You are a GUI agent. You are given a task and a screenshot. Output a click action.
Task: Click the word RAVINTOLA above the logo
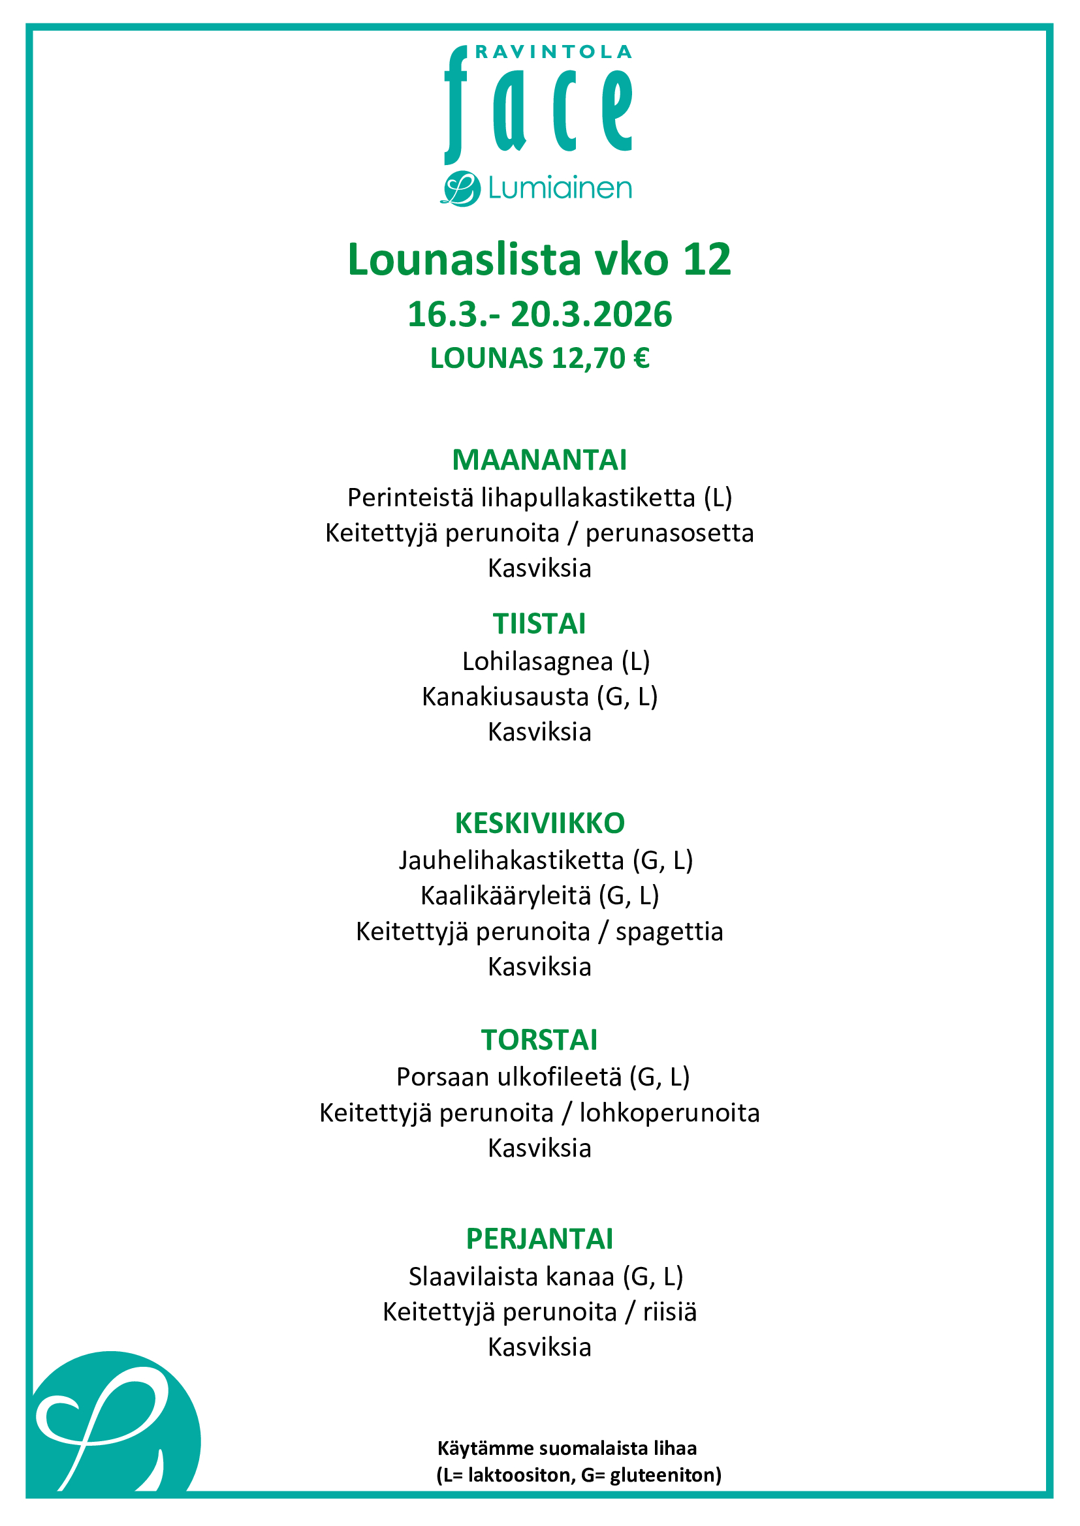(553, 52)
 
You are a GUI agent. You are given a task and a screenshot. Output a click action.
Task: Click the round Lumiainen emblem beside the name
(460, 189)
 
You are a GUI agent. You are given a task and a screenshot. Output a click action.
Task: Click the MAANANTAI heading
(539, 460)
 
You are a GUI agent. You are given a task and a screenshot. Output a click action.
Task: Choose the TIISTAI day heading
(539, 624)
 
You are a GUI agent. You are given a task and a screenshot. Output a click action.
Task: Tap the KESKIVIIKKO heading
(539, 823)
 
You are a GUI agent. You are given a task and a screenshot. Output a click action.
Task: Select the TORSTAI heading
(539, 1039)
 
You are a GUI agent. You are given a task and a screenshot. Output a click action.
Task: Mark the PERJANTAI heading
(539, 1238)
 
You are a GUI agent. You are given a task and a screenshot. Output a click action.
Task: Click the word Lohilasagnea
(537, 662)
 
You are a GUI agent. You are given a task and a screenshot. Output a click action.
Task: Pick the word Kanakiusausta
(505, 697)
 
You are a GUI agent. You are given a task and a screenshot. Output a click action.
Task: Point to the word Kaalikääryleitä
(505, 896)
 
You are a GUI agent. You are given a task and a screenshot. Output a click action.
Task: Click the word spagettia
(669, 931)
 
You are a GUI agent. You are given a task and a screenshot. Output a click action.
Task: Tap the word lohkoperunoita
(669, 1112)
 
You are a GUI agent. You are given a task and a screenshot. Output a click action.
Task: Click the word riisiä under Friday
(670, 1311)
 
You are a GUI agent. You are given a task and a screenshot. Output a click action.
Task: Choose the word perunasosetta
(670, 533)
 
